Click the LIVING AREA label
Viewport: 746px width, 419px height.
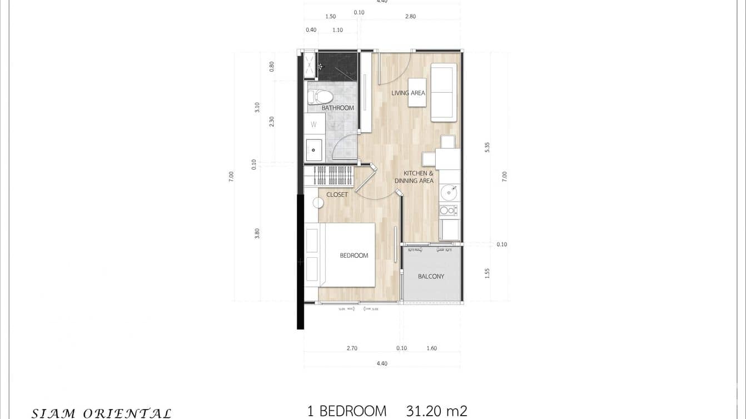pyautogui.click(x=408, y=93)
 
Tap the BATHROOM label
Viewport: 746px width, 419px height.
pyautogui.click(x=337, y=108)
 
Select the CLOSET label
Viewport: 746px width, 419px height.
pyautogui.click(x=337, y=194)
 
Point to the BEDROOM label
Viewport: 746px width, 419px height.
pyautogui.click(x=354, y=256)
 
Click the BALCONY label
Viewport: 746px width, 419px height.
pyautogui.click(x=431, y=276)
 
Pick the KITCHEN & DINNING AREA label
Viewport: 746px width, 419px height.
pyautogui.click(x=414, y=177)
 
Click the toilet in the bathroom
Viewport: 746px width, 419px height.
pyautogui.click(x=320, y=97)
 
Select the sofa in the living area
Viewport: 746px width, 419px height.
pyautogui.click(x=444, y=92)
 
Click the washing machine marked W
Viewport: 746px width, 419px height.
pyautogui.click(x=314, y=124)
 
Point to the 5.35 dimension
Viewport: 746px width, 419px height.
pyautogui.click(x=487, y=147)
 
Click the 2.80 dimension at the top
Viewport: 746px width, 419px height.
pyautogui.click(x=410, y=17)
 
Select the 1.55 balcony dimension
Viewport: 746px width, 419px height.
pyautogui.click(x=487, y=273)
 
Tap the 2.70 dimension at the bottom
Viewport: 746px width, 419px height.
pyautogui.click(x=352, y=348)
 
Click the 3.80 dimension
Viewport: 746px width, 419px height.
pyautogui.click(x=257, y=233)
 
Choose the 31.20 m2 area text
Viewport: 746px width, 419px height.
pyautogui.click(x=436, y=411)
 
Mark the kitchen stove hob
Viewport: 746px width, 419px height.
pyautogui.click(x=448, y=211)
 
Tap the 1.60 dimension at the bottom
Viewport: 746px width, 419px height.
pyautogui.click(x=431, y=348)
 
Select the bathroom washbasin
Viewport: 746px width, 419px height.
pyautogui.click(x=314, y=149)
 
